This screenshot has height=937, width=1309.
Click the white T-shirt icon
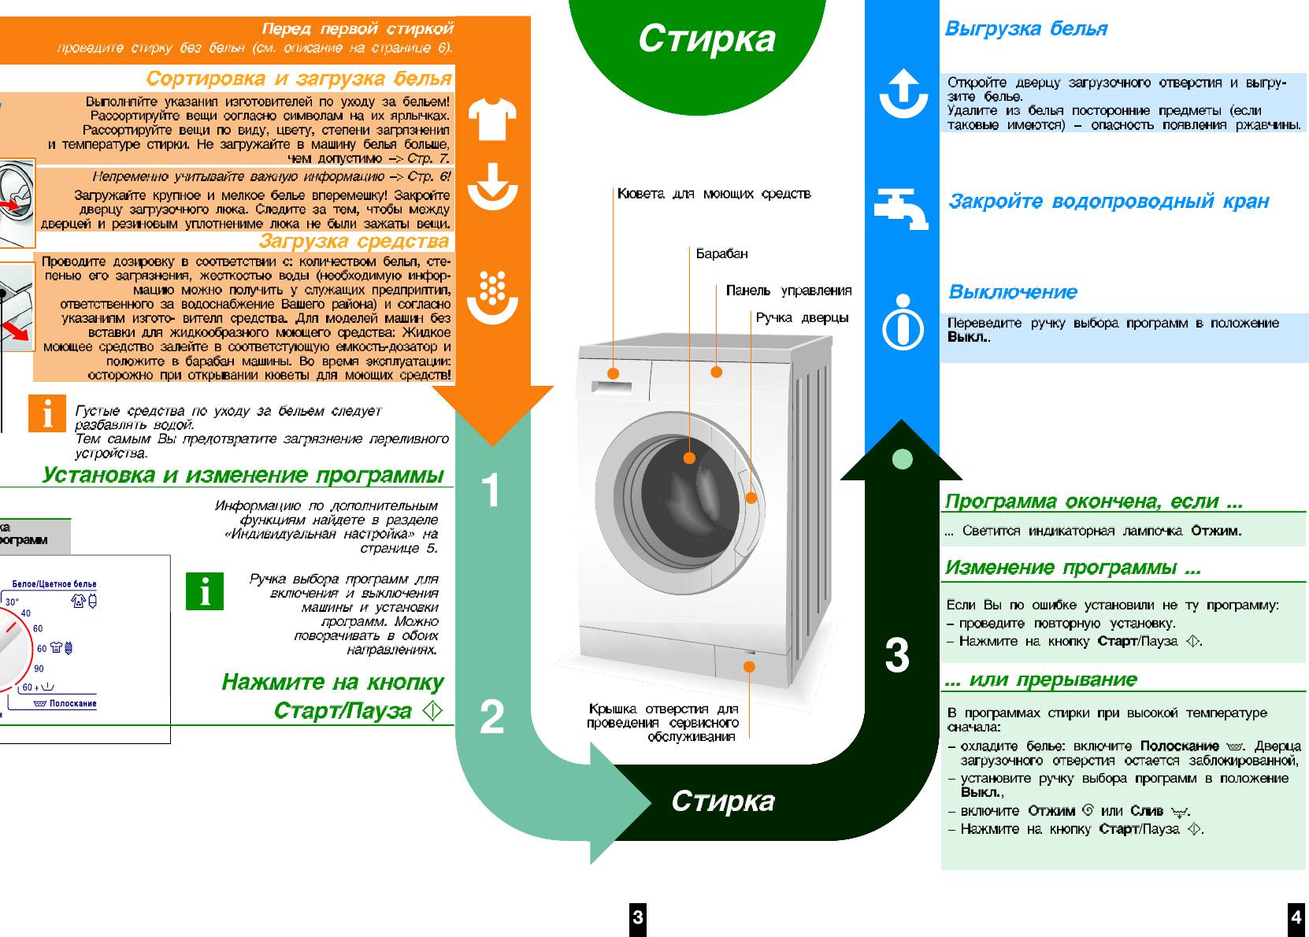coord(492,119)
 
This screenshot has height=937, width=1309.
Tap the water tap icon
coord(901,208)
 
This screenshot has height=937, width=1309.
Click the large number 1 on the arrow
coord(491,490)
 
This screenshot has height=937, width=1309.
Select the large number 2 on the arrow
coord(491,717)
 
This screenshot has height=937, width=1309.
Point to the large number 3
coord(896,655)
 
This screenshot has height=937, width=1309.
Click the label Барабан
coord(721,254)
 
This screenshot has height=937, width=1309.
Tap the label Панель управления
coord(788,291)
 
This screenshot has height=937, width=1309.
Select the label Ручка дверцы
coord(802,318)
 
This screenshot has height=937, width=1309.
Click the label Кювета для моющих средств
coord(714,194)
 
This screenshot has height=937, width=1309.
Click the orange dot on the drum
coord(689,457)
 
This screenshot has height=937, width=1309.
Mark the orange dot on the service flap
coord(749,667)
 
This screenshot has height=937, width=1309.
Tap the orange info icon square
coord(47,413)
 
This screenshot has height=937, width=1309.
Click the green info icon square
coord(205,591)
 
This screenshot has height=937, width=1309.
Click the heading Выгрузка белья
coord(1025,29)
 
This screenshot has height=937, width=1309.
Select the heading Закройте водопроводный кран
coord(1108,202)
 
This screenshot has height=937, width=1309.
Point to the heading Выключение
coord(1012,292)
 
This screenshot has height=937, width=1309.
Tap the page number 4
coord(1296,917)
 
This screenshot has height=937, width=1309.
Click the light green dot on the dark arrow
coord(903,459)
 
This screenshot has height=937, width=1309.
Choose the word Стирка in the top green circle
coord(706,39)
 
